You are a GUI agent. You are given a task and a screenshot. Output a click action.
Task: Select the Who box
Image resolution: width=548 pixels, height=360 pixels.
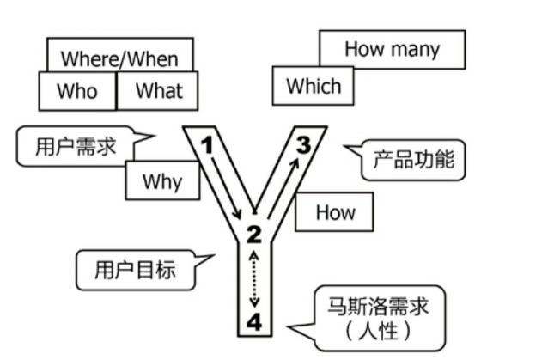(x=77, y=90)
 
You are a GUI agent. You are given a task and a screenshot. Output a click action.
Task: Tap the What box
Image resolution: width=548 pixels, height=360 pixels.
(x=159, y=90)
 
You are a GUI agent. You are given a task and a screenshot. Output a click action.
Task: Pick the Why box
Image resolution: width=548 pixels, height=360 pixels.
(x=162, y=180)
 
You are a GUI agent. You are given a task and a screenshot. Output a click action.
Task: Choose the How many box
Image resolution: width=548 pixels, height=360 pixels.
(x=392, y=49)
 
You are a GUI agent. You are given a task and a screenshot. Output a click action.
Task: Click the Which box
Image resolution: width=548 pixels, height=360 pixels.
(x=313, y=86)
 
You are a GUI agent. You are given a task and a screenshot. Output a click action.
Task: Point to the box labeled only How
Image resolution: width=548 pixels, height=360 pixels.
(x=335, y=211)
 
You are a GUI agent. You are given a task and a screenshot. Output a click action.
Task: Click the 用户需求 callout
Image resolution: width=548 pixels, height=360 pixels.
(x=77, y=145)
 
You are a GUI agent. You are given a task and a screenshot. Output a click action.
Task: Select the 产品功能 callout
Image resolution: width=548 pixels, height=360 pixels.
(x=413, y=159)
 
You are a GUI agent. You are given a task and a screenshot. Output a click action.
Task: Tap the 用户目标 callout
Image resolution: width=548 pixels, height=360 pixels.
(x=134, y=269)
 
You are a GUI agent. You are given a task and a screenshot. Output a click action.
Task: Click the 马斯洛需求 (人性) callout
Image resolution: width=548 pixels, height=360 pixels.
(x=379, y=316)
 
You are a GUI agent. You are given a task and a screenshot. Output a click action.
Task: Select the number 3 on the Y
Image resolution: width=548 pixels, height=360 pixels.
(x=303, y=144)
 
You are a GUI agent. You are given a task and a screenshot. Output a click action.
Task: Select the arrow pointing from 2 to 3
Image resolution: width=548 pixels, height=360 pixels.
(x=281, y=183)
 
